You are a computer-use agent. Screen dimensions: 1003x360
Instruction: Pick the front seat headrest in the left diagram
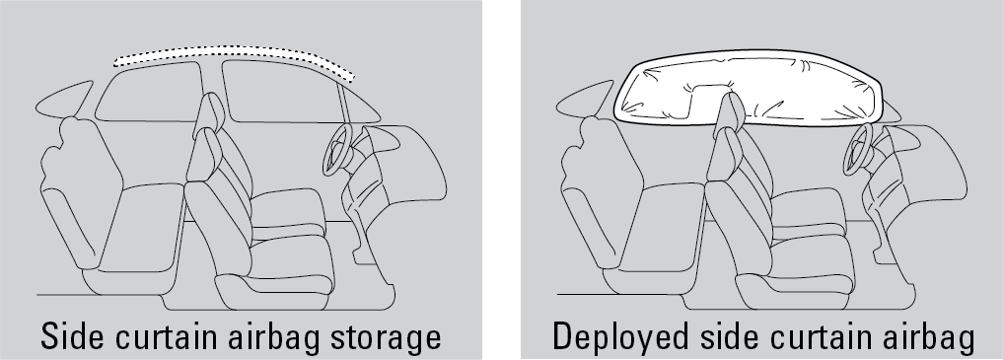(209, 112)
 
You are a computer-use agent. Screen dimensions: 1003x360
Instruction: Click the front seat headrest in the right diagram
(730, 112)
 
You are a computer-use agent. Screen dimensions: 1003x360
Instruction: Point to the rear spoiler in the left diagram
(64, 100)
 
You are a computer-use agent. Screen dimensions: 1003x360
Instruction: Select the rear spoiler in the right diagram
(585, 100)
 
